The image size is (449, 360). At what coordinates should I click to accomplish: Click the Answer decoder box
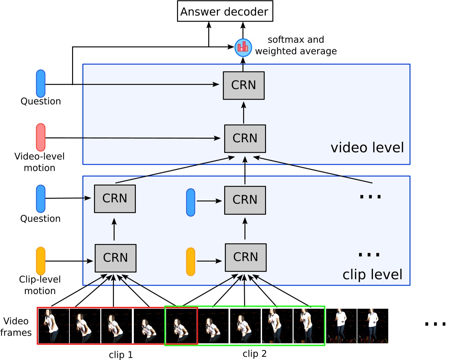pos(225,11)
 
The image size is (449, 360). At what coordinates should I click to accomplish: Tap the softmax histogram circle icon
pos(243,47)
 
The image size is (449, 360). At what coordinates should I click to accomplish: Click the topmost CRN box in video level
pos(243,85)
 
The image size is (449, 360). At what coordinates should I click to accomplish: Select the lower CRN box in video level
pos(245,138)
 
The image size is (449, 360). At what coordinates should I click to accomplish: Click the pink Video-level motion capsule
pos(41,137)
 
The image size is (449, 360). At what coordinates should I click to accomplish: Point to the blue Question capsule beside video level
pos(41,83)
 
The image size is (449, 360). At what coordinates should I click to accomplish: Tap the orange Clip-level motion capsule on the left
pos(41,261)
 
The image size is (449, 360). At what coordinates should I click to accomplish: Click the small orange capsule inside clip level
pos(191,261)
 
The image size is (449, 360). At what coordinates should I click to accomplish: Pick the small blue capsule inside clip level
pos(191,202)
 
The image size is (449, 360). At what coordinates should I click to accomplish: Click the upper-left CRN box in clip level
pos(115,199)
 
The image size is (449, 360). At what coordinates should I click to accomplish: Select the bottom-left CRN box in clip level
pos(115,258)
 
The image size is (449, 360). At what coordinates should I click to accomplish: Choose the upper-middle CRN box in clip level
pos(245,200)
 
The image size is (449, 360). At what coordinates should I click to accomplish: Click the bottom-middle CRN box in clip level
pos(245,257)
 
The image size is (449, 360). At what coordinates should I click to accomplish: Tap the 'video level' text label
pos(367,148)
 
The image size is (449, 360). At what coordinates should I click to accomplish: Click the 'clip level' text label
pos(372,275)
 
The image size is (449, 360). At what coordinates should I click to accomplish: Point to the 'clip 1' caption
pos(121,355)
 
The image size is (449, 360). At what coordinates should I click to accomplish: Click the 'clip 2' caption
pos(254,354)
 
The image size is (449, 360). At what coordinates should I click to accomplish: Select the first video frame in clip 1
pos(53,326)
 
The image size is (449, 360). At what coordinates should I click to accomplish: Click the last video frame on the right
pos(373,326)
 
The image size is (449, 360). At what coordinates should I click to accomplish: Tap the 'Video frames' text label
pos(16,327)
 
